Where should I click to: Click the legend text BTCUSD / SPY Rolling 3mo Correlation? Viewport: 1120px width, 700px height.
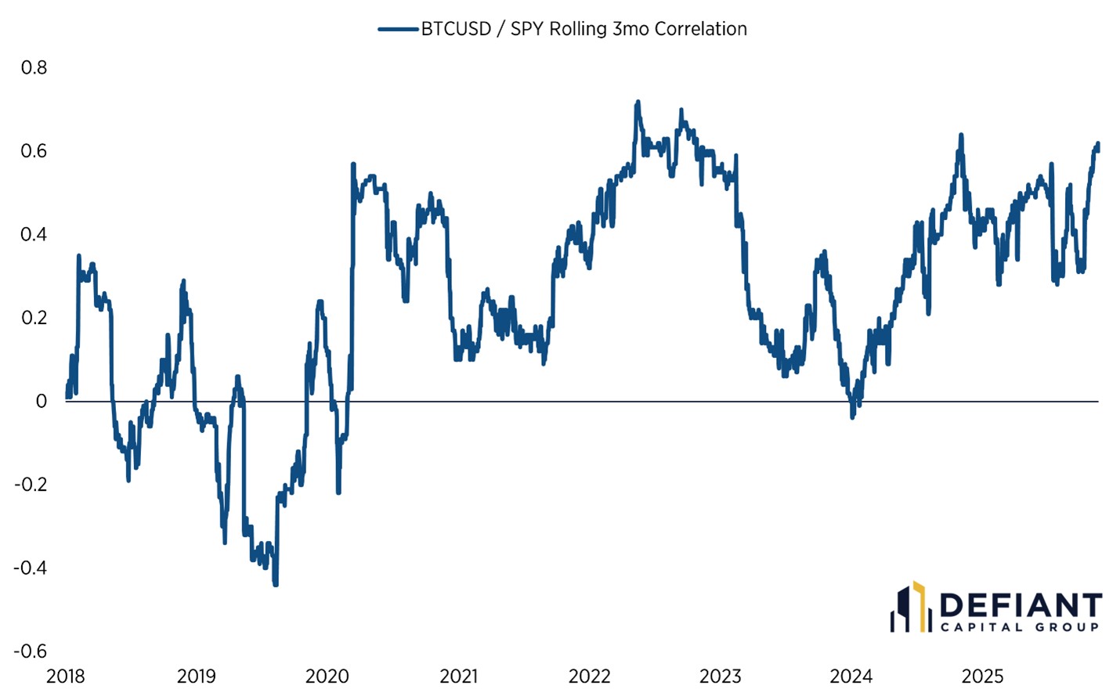pos(583,29)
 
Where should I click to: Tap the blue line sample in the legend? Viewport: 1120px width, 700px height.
pos(398,29)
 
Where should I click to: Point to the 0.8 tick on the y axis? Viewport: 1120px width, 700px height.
pos(34,68)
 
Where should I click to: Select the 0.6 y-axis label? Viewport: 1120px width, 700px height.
pos(34,151)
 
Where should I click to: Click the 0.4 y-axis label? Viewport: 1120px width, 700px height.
pos(34,234)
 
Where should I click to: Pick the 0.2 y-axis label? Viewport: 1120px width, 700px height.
pos(34,318)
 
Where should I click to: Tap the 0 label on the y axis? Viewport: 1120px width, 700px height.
pos(41,401)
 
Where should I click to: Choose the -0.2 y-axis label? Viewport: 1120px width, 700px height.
pos(31,485)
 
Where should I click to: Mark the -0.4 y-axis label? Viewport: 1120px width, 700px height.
pos(31,568)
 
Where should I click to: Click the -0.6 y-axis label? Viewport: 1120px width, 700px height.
pos(31,651)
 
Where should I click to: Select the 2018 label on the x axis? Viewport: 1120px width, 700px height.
pos(65,677)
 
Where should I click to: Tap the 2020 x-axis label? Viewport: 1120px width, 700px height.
pos(327,677)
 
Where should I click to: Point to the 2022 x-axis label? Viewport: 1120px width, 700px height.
pos(589,677)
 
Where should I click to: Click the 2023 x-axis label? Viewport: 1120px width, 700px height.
pos(720,677)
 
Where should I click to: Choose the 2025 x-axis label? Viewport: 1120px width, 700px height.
pos(982,677)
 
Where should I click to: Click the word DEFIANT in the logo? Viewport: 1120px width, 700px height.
pos(1020,605)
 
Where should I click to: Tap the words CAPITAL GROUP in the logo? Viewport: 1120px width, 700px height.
pos(1020,627)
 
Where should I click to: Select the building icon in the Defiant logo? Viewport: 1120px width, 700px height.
pos(909,608)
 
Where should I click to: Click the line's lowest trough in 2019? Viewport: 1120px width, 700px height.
pos(276,583)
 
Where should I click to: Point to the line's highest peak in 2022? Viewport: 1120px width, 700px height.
pos(638,102)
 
